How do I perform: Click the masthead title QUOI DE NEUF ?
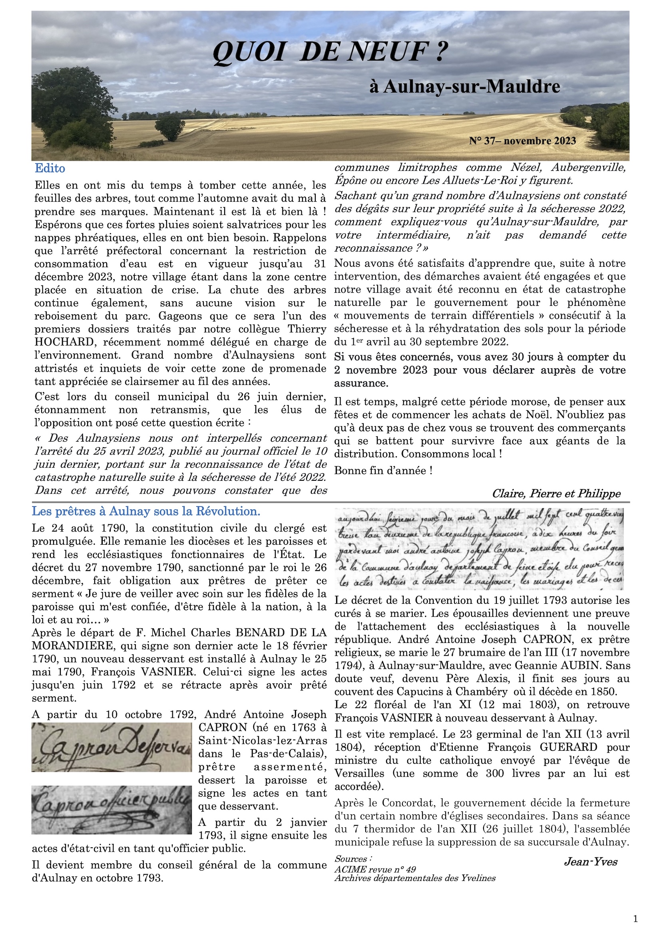click(x=330, y=53)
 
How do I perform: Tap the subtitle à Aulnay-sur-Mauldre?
click(x=464, y=87)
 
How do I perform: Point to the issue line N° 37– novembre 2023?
click(x=522, y=141)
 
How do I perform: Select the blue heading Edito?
click(x=50, y=169)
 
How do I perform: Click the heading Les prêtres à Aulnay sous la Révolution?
click(x=146, y=512)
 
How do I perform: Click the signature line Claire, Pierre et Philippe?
click(x=556, y=494)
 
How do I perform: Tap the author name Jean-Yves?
click(x=591, y=862)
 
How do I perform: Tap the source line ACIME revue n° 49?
click(x=375, y=869)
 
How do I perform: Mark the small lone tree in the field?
click(x=170, y=127)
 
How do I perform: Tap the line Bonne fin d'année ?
click(x=383, y=471)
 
